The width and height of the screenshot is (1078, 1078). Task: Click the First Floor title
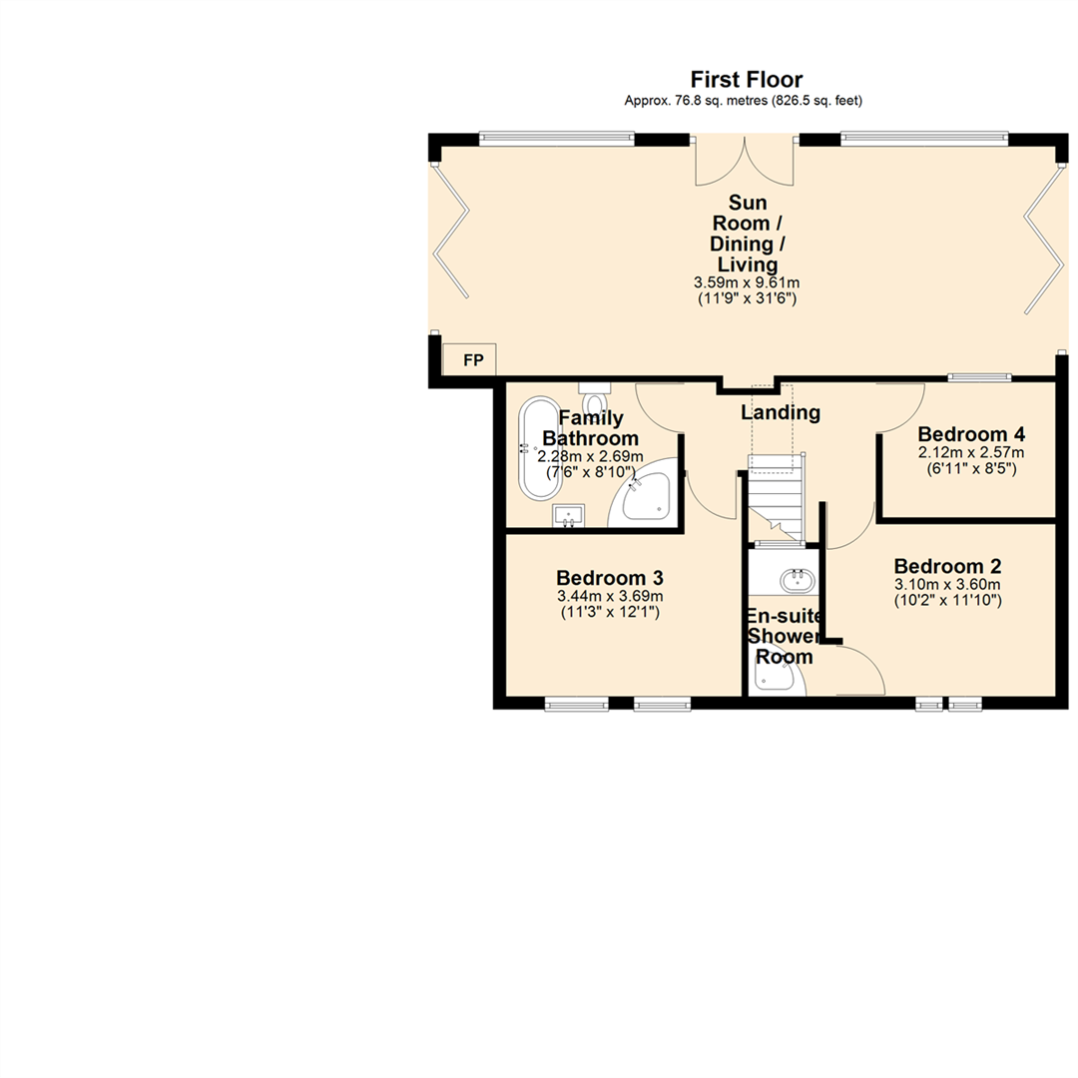point(746,80)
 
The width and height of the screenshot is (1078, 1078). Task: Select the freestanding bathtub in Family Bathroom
point(540,449)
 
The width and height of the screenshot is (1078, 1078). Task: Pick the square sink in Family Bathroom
point(568,516)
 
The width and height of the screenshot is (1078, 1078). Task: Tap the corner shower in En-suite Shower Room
point(775,679)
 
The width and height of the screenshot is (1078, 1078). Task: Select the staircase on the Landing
point(777,494)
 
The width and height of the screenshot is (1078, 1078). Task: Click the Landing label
point(781,412)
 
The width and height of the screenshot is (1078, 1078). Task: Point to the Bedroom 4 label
point(971,435)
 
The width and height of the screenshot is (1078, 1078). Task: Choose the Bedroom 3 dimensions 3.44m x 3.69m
point(610,597)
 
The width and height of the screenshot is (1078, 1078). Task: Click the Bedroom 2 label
point(947,564)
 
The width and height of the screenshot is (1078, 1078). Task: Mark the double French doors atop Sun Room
point(745,162)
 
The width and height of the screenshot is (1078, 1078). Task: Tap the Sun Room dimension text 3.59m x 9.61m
point(748,283)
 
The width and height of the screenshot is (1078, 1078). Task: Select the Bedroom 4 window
point(978,377)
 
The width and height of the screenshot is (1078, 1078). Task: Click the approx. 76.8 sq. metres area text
point(743,101)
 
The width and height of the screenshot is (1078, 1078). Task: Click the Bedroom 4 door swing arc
point(901,407)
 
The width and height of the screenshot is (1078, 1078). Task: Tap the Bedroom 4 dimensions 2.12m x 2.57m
point(971,453)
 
